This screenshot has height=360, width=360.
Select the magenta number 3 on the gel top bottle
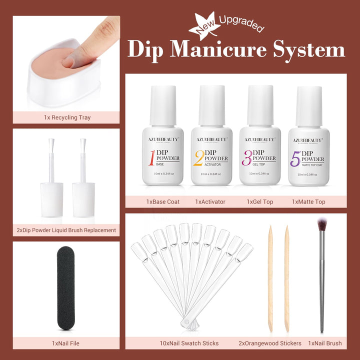coord(246,157)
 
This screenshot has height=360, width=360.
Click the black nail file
coord(65,288)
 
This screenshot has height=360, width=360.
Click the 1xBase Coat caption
coord(163,201)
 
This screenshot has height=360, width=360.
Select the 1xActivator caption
coord(210,201)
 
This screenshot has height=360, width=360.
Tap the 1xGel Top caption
coord(258,201)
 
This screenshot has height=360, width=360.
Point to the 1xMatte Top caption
coord(308,201)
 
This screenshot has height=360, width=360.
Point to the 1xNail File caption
coord(65,343)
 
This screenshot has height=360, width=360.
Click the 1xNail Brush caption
coord(324,343)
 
